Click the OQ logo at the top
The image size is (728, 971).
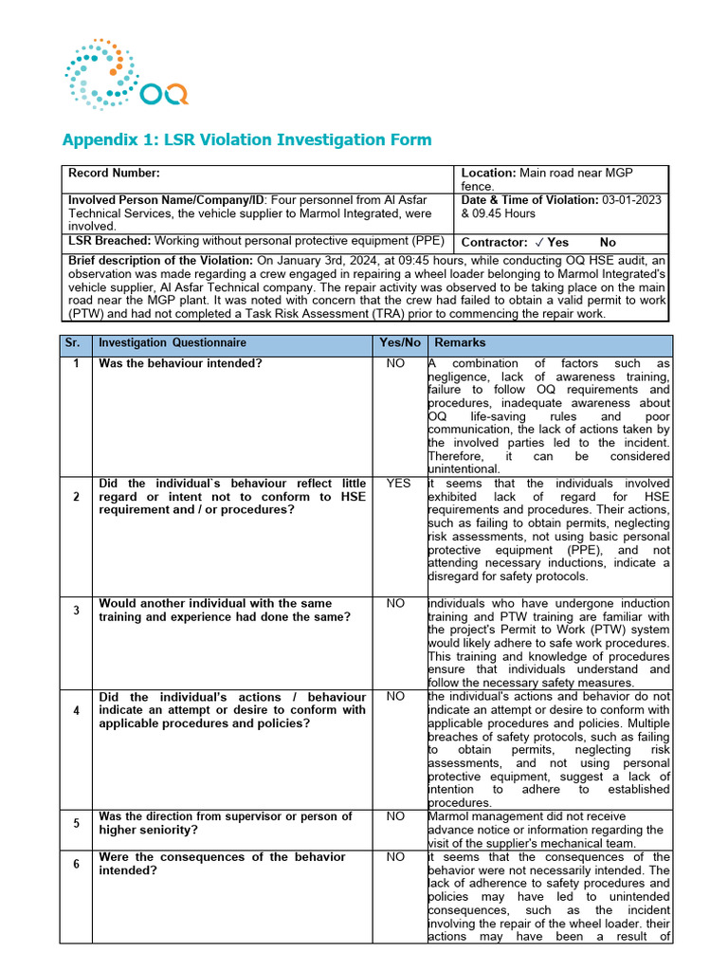pos(126,72)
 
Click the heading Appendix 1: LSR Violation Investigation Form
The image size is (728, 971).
pos(246,140)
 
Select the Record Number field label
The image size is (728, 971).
pos(114,173)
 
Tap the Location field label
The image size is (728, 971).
pos(487,173)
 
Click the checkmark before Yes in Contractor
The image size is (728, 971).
pos(537,243)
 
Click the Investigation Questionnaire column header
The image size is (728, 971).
pos(173,343)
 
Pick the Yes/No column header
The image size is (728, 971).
pos(399,343)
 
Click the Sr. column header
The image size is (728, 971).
pos(76,343)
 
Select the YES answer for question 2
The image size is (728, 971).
pos(399,484)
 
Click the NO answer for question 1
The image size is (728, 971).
pos(399,364)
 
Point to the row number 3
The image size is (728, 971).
pos(76,610)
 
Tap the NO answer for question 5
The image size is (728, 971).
pos(399,816)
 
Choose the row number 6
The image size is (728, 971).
pos(76,864)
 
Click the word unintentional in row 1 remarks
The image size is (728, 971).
pos(464,469)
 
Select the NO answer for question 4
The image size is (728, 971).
pos(399,697)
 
